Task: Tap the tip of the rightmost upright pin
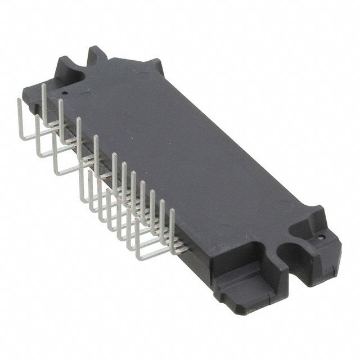[x=172, y=210]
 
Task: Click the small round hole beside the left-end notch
[x=65, y=93]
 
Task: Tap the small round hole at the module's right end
[x=321, y=237]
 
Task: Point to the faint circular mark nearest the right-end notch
[x=283, y=206]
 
